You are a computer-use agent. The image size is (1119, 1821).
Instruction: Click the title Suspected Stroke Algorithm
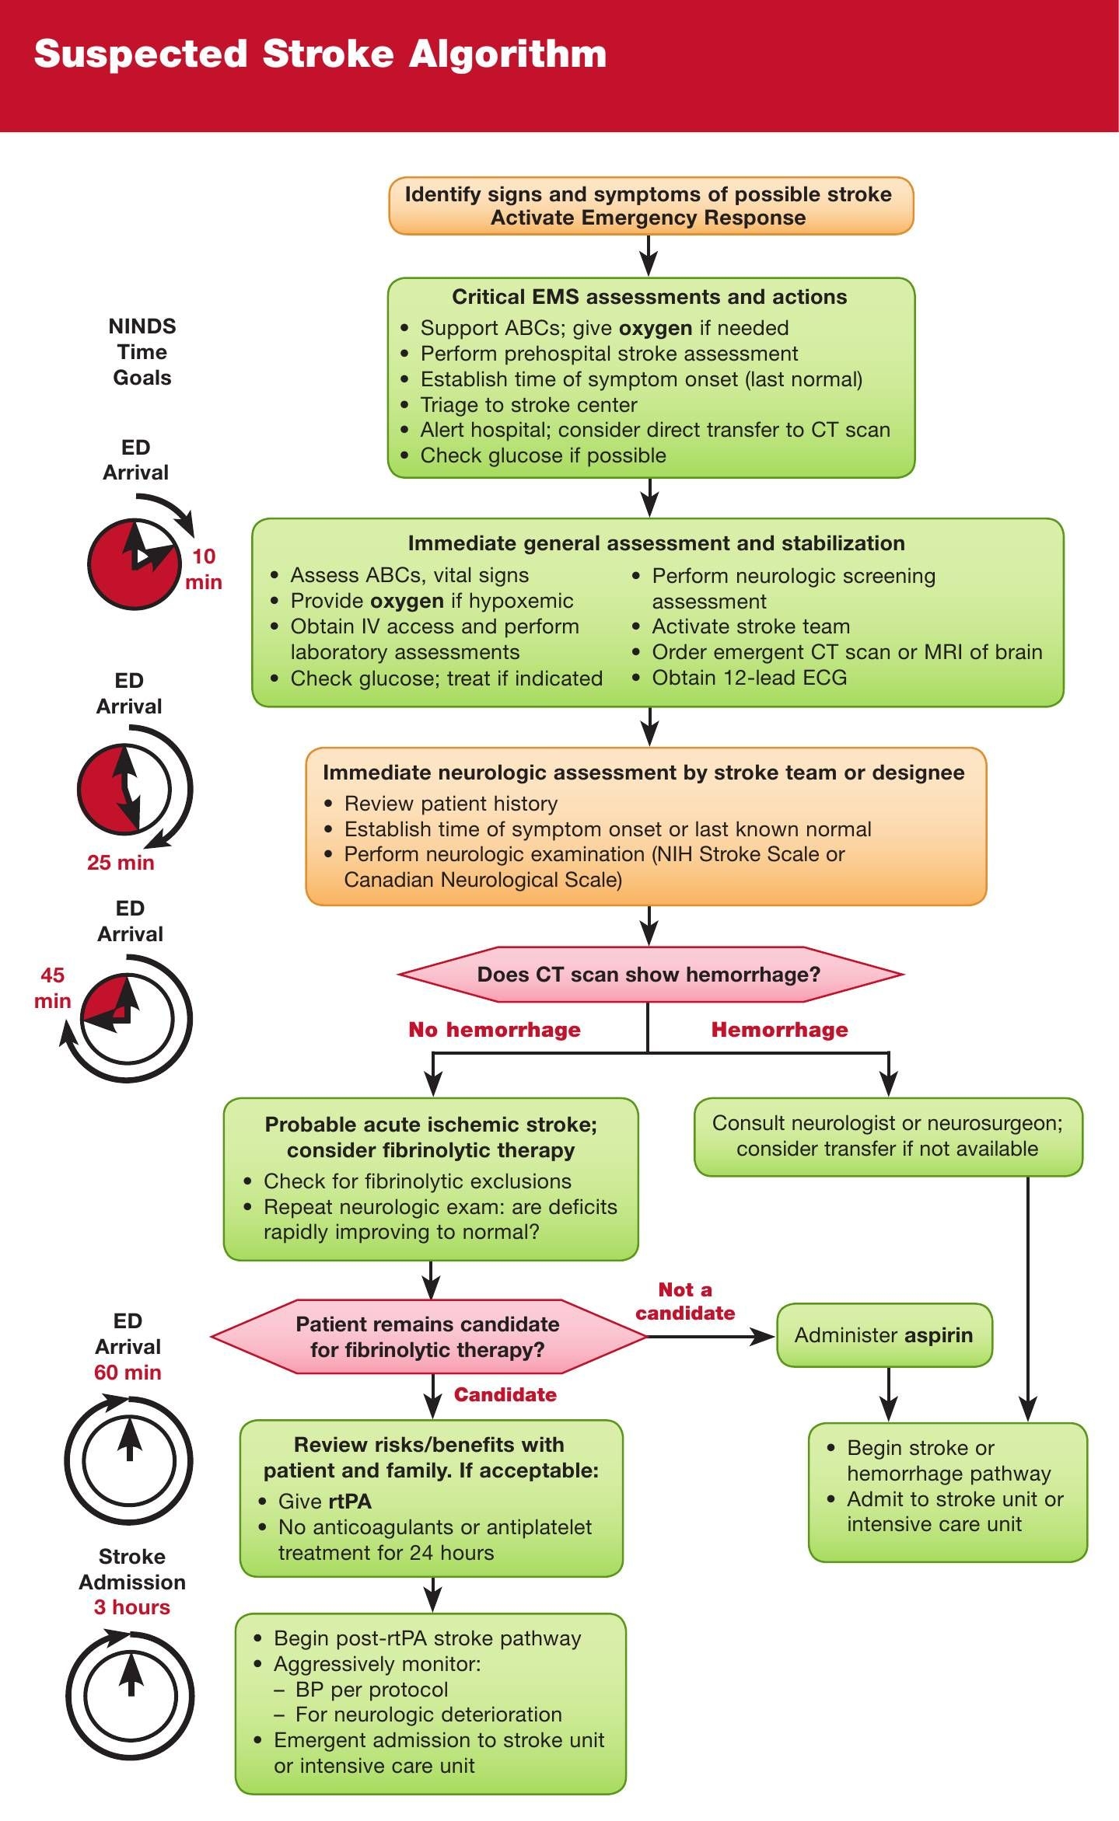tap(320, 54)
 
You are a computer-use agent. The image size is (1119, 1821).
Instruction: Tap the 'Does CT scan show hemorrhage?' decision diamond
tap(649, 975)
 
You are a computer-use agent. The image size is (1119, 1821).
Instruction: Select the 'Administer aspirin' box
tap(884, 1335)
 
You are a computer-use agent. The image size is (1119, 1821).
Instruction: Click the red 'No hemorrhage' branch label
tap(495, 1030)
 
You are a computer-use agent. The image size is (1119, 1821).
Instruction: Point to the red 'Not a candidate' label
tap(685, 1301)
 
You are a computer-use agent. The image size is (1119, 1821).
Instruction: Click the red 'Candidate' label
tap(505, 1395)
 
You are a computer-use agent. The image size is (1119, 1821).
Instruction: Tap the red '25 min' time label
tap(121, 863)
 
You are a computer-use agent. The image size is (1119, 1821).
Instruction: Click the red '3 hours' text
tap(132, 1607)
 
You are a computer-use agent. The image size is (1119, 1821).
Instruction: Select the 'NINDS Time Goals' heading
tap(142, 352)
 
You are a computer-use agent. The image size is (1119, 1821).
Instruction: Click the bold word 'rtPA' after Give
tap(350, 1502)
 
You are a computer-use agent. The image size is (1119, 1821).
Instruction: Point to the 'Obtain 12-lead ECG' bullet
tap(749, 678)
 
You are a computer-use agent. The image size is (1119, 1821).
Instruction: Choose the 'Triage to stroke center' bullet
tap(529, 405)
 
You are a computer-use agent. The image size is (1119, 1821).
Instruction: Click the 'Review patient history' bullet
tap(451, 804)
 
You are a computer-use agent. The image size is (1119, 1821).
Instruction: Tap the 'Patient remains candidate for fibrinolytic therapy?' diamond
tap(428, 1337)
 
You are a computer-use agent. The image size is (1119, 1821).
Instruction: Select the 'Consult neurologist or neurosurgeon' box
tap(887, 1136)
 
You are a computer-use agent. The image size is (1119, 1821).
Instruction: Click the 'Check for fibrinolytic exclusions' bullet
tap(418, 1181)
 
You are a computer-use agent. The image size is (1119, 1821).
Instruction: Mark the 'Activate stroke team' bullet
tap(750, 626)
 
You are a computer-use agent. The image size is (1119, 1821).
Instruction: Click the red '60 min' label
tap(128, 1373)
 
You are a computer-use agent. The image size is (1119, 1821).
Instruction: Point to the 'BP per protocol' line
tap(372, 1690)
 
